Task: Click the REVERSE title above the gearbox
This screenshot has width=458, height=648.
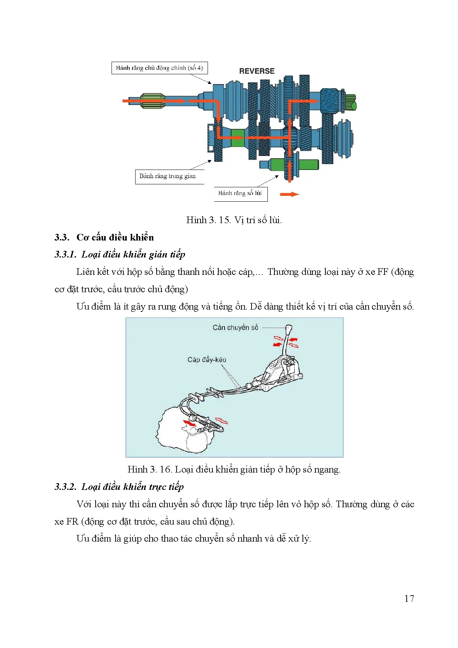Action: pyautogui.click(x=257, y=71)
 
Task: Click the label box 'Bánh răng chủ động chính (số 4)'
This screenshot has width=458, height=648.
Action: pyautogui.click(x=160, y=68)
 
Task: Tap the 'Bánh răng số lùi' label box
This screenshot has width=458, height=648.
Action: pyautogui.click(x=240, y=193)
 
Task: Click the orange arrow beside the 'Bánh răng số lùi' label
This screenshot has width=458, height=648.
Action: pyautogui.click(x=290, y=194)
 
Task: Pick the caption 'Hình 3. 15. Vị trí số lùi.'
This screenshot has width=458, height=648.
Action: pyautogui.click(x=234, y=220)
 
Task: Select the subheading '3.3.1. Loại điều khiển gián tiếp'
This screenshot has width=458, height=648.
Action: pyautogui.click(x=120, y=255)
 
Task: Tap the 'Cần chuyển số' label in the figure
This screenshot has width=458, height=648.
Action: pyautogui.click(x=235, y=328)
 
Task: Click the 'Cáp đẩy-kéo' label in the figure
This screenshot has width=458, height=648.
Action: pyautogui.click(x=206, y=359)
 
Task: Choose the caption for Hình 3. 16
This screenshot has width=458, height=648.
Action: pyautogui.click(x=234, y=470)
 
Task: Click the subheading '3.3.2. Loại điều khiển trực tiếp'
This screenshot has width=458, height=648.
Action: pyautogui.click(x=119, y=487)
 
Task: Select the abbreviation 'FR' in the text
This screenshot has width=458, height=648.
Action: pyautogui.click(x=72, y=522)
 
